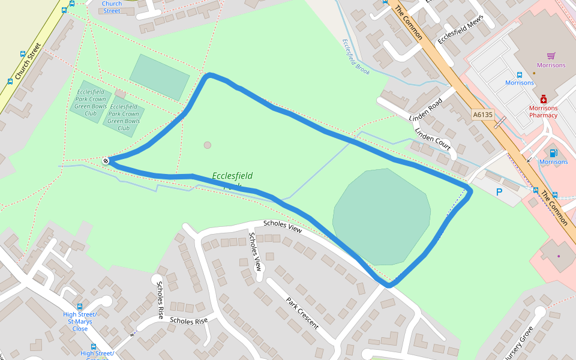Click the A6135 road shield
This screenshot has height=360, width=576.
482,114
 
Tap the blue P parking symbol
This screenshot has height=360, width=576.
499,192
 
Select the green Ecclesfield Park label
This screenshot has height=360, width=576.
232,176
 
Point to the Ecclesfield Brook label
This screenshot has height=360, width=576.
355,56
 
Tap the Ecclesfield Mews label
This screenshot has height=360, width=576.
460,29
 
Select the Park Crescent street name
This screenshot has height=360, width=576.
302,313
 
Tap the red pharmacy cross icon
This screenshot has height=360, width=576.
544,99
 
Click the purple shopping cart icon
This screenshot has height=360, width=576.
551,56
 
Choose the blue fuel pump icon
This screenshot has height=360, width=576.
553,153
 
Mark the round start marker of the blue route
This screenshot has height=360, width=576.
106,160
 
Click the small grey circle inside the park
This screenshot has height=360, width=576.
208,145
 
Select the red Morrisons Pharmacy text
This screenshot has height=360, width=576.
543,112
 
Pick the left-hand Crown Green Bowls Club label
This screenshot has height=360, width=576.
91,103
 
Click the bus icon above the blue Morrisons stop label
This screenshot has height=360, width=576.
520,75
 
